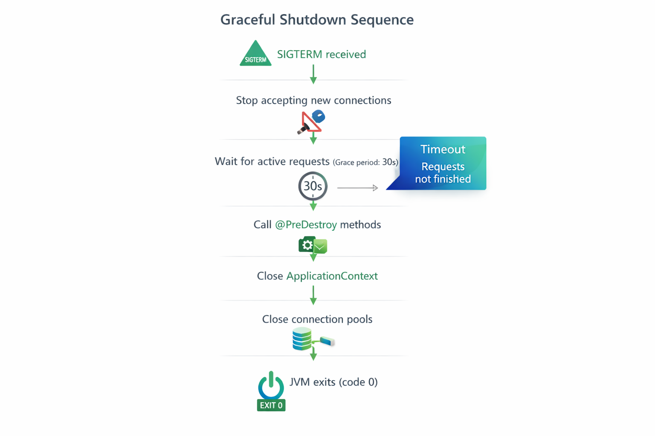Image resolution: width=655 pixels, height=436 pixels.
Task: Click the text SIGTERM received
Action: coord(321,54)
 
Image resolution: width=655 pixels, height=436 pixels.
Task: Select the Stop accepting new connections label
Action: coord(313,100)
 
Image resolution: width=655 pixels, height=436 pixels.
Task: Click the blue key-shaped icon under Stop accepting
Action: coord(319,116)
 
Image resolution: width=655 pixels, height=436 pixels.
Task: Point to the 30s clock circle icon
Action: coord(313,186)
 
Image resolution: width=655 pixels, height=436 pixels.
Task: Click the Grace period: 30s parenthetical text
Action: coord(365,162)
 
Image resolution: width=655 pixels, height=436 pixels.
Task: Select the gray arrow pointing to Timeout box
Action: coord(357,188)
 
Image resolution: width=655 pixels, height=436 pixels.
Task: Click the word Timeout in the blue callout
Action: coord(443,149)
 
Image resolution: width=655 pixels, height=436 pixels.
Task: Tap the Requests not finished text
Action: coord(443,172)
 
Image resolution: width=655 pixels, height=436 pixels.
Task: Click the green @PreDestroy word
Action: coord(306,225)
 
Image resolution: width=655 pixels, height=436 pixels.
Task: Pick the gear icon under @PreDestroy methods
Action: coord(307,245)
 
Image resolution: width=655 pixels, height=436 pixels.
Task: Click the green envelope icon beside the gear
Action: coord(320,247)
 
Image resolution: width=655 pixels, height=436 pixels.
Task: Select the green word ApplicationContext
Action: coord(332,276)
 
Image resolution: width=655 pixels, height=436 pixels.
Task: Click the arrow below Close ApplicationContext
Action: coord(313,295)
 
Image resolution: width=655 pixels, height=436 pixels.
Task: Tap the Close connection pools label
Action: coord(317,319)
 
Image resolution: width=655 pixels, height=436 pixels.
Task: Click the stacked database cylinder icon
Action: coord(302,339)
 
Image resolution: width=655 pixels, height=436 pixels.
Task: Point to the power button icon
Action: coord(271,385)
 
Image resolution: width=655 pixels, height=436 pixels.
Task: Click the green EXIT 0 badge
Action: coord(271,405)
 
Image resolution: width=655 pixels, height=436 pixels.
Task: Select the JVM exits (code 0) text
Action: coord(333,382)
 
